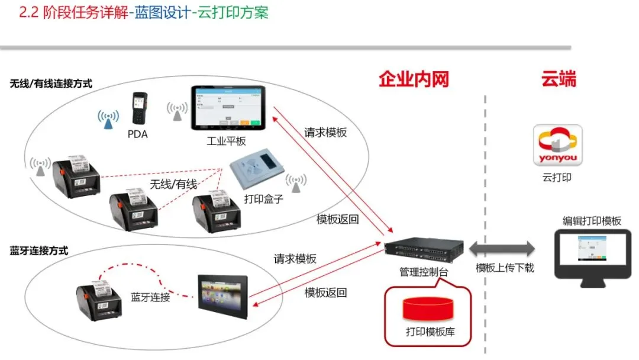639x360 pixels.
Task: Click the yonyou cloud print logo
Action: [x=557, y=145]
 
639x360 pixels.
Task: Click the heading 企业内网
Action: [x=414, y=79]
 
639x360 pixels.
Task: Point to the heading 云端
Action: [x=559, y=79]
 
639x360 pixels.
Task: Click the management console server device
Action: [x=422, y=250]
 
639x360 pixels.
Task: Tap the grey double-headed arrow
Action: [x=502, y=247]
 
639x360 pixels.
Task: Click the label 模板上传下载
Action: [x=505, y=268]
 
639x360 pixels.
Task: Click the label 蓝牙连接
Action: [x=150, y=297]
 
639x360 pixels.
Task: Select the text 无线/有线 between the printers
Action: [x=173, y=184]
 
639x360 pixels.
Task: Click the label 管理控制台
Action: [x=423, y=272]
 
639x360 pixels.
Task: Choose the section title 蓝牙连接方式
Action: [x=39, y=250]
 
